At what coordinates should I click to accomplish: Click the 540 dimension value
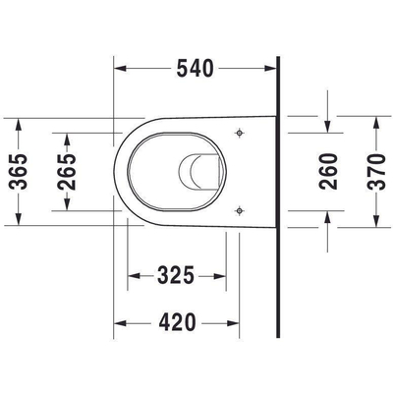coord(195,69)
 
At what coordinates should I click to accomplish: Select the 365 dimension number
coord(19,171)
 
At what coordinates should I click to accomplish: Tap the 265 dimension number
coord(67,172)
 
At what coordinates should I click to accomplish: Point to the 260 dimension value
coord(328,171)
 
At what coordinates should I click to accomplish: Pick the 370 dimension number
coord(376,172)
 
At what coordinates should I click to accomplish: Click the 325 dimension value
coord(176,275)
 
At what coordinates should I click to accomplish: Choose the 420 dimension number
coord(177,322)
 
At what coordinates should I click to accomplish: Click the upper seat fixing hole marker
coord(240,133)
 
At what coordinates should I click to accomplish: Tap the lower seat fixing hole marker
coord(240,210)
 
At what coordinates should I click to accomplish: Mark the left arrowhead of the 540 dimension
coord(120,69)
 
